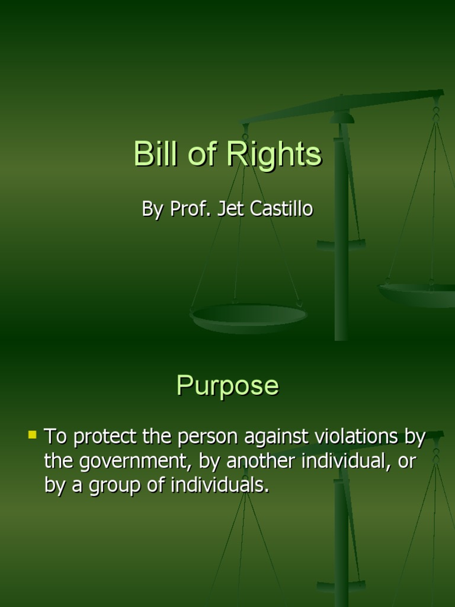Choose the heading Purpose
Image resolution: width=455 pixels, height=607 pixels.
[227, 386]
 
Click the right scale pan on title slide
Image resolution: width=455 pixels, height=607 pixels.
[418, 293]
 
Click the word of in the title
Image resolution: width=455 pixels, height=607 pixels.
[201, 154]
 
